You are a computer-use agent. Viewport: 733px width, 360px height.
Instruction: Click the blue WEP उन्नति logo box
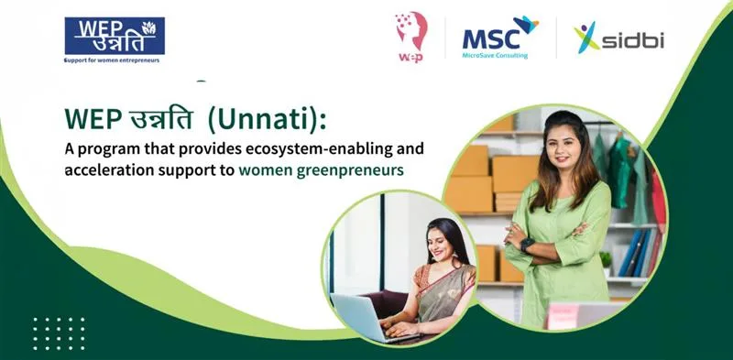115,36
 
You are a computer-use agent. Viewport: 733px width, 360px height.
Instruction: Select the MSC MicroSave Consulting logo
500,38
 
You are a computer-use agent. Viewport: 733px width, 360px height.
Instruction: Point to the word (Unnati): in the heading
267,120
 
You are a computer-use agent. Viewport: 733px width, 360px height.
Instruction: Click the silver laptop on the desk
360,317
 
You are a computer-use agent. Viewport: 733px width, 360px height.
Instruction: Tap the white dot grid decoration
59,333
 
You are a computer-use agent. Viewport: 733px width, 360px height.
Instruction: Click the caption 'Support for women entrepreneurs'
112,60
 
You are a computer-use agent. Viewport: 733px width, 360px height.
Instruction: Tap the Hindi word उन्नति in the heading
159,120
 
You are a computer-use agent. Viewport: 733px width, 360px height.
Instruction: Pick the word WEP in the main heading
93,120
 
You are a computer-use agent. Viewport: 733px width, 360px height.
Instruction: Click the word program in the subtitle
106,150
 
